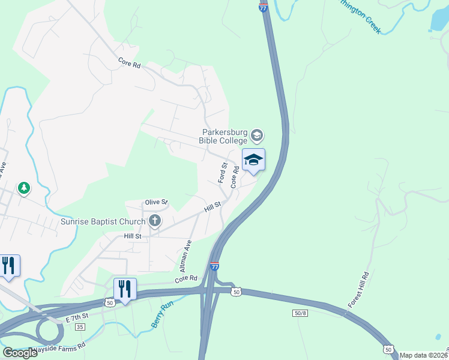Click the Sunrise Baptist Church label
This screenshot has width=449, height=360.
(103, 221)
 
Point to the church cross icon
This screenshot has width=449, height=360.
(155, 221)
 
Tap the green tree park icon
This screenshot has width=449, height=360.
(24, 188)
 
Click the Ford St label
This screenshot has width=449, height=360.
(222, 173)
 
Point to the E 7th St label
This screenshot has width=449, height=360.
(77, 316)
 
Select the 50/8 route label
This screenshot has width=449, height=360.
(300, 313)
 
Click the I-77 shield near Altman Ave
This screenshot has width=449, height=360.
(215, 266)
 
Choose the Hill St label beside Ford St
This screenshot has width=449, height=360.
(212, 207)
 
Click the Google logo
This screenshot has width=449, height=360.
(20, 353)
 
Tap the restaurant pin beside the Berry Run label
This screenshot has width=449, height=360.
(125, 289)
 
